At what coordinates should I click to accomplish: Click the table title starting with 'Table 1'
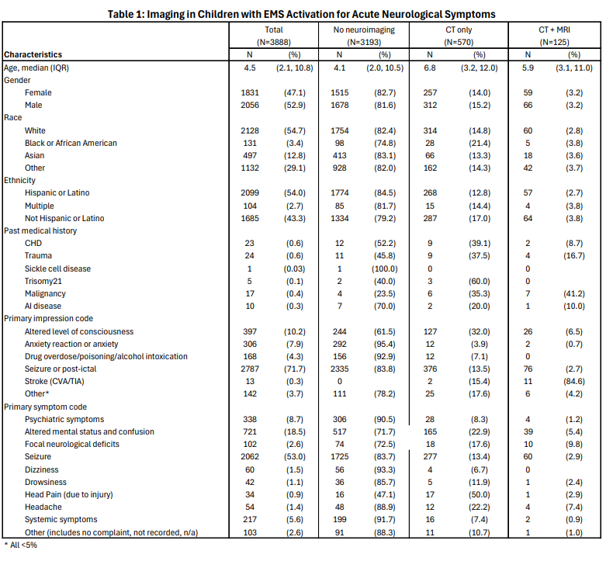click(x=306, y=14)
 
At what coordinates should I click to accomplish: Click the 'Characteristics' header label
click(x=33, y=54)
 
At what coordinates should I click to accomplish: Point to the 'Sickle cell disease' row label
click(x=57, y=268)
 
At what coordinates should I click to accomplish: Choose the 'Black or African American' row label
click(x=71, y=143)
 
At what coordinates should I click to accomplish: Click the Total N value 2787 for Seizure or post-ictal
click(x=250, y=369)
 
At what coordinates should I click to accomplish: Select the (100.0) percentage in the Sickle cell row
click(x=385, y=268)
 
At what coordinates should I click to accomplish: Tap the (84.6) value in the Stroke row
click(x=573, y=381)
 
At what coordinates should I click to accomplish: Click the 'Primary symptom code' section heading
click(x=45, y=406)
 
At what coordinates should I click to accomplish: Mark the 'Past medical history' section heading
click(x=40, y=230)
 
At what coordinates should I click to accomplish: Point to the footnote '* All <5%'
click(x=21, y=545)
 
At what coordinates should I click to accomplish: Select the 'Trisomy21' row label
click(x=44, y=281)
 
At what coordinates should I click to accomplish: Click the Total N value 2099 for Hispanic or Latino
click(x=250, y=193)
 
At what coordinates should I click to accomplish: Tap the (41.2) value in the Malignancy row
click(x=573, y=293)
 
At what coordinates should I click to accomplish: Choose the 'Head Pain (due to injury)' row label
click(x=69, y=494)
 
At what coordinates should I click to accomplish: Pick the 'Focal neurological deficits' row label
click(x=72, y=444)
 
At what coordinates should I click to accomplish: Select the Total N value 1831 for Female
click(x=250, y=92)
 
